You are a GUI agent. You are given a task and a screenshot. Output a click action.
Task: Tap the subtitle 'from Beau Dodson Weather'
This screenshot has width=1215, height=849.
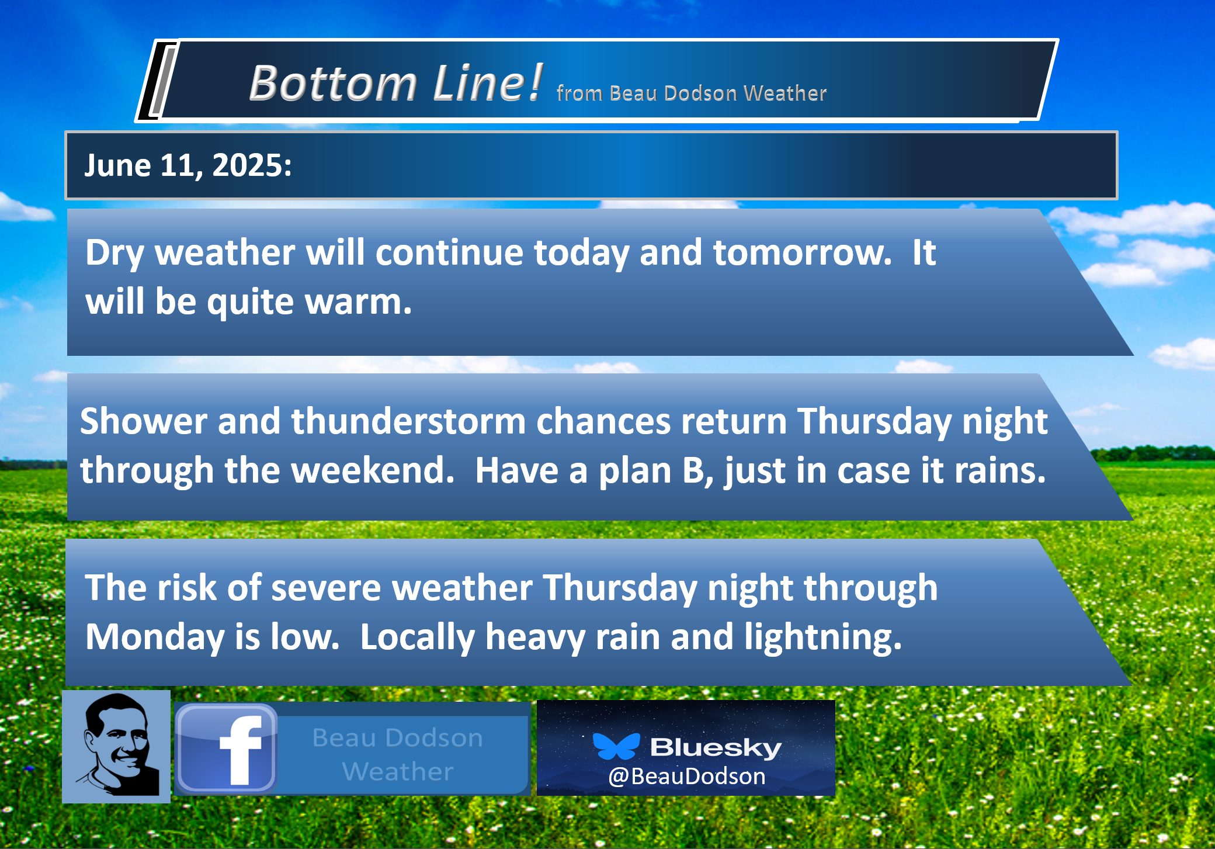pos(692,93)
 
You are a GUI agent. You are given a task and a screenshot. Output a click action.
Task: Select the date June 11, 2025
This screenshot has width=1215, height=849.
pos(188,165)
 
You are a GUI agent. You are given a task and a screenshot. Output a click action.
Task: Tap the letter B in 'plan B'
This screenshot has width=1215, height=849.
pos(694,470)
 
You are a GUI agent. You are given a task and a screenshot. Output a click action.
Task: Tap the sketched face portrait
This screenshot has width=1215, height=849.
pos(116,746)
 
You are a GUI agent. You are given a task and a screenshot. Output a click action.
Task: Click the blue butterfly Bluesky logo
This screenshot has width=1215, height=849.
pos(616,746)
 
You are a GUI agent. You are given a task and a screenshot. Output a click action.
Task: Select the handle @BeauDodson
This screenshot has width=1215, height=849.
pos(686,776)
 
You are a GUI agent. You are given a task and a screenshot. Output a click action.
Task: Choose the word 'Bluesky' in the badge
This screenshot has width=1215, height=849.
pos(716,747)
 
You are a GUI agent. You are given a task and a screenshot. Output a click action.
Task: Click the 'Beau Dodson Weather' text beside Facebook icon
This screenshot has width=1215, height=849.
pos(398,754)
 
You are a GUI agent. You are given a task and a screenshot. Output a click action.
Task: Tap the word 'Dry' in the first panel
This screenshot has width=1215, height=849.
pos(114,253)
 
